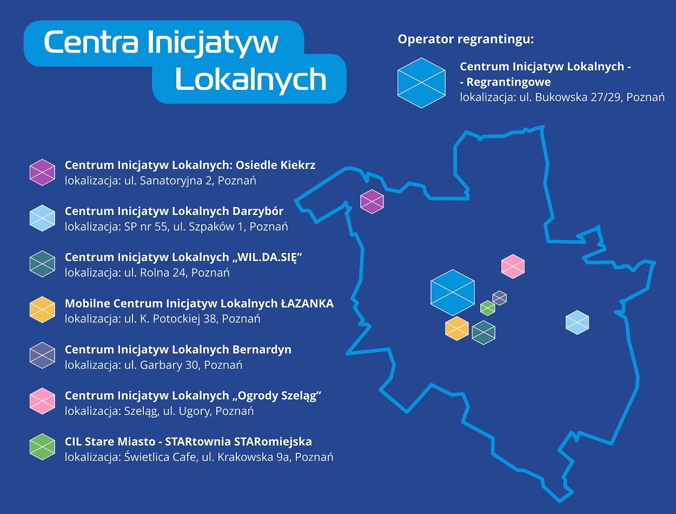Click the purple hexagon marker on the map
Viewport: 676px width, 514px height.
pyautogui.click(x=372, y=201)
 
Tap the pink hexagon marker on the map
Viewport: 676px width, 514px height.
pyautogui.click(x=513, y=266)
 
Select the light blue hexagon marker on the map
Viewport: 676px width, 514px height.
pyautogui.click(x=577, y=322)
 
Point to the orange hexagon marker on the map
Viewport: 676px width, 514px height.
pyautogui.click(x=457, y=328)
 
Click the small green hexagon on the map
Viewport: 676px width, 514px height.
pyautogui.click(x=487, y=308)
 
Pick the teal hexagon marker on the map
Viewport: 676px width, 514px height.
pyautogui.click(x=483, y=333)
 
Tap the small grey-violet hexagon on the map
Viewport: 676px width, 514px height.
pyautogui.click(x=500, y=298)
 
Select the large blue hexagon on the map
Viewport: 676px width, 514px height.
pyautogui.click(x=453, y=292)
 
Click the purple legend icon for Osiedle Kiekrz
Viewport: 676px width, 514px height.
pyautogui.click(x=42, y=172)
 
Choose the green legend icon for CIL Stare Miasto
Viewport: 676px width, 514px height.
pyautogui.click(x=42, y=447)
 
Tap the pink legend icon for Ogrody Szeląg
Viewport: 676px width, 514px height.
pyautogui.click(x=42, y=401)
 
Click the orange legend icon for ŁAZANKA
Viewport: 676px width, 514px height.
pyautogui.click(x=42, y=310)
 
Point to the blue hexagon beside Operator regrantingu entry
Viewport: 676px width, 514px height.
pyautogui.click(x=421, y=83)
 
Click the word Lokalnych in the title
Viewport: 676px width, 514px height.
pyautogui.click(x=251, y=80)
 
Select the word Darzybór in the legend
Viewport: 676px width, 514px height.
pyautogui.click(x=258, y=212)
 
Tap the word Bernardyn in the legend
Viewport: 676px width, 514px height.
pyautogui.click(x=262, y=350)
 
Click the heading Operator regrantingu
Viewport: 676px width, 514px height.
pyautogui.click(x=466, y=40)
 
